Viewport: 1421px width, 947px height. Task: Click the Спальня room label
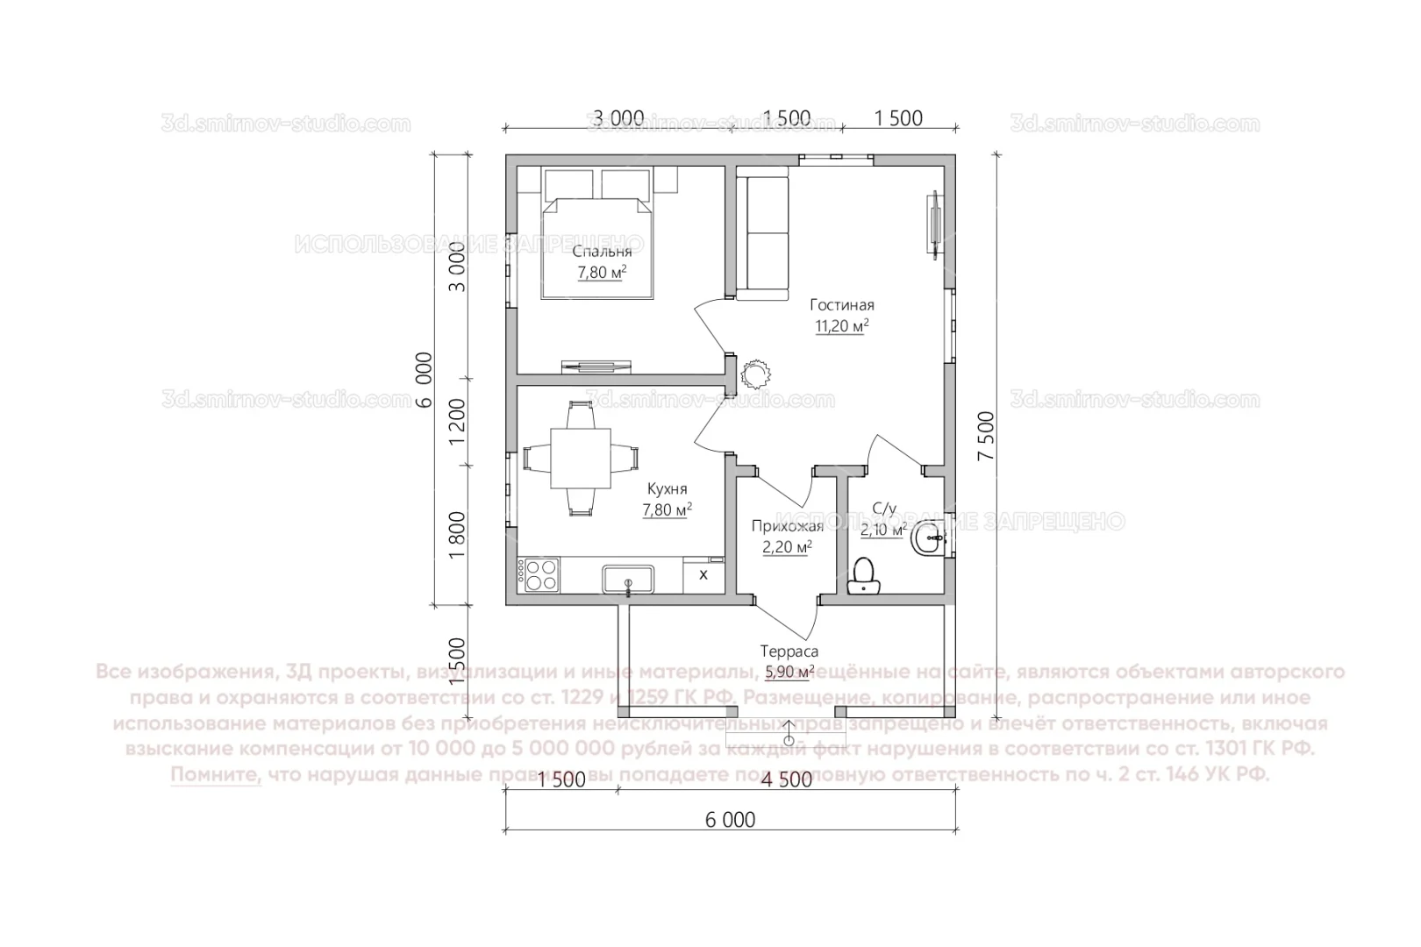click(602, 252)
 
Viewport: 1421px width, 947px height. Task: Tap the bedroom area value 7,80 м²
click(602, 273)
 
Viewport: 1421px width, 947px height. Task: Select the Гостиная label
click(842, 305)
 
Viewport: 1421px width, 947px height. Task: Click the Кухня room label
click(668, 489)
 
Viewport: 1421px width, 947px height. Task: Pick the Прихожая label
click(787, 526)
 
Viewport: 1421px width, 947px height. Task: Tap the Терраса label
click(789, 652)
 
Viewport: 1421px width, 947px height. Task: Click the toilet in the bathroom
click(866, 576)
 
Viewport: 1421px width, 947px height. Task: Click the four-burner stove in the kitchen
click(538, 574)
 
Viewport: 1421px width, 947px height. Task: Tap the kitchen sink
click(627, 580)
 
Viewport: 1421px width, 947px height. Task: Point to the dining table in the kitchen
click(580, 458)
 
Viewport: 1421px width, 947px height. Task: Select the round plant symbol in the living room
click(754, 374)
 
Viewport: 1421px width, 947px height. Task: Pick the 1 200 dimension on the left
click(457, 423)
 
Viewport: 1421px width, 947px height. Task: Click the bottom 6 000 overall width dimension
click(730, 820)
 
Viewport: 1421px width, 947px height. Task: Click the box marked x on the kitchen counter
click(703, 574)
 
